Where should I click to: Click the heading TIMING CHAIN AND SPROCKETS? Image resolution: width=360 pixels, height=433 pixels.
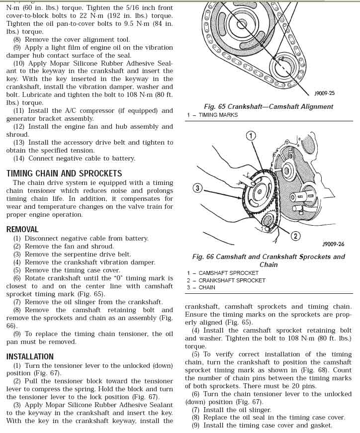[x=64, y=173]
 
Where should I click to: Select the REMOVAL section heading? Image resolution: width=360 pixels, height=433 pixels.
[x=22, y=229]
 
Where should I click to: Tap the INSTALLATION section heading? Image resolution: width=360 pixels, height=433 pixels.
[x=30, y=356]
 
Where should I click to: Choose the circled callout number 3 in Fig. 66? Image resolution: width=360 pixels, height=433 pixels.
[x=198, y=188]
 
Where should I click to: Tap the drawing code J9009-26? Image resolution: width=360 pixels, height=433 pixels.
[x=333, y=244]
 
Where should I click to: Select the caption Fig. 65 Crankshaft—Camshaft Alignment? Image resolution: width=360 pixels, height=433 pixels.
[x=269, y=106]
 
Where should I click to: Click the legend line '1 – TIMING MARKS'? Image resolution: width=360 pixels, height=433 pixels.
[x=212, y=115]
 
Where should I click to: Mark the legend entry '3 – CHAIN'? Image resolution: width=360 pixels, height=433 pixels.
[x=201, y=287]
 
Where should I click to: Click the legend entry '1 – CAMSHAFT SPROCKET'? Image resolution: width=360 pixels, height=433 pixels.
[x=223, y=273]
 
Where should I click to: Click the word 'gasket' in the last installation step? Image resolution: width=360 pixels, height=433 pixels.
[x=320, y=426]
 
